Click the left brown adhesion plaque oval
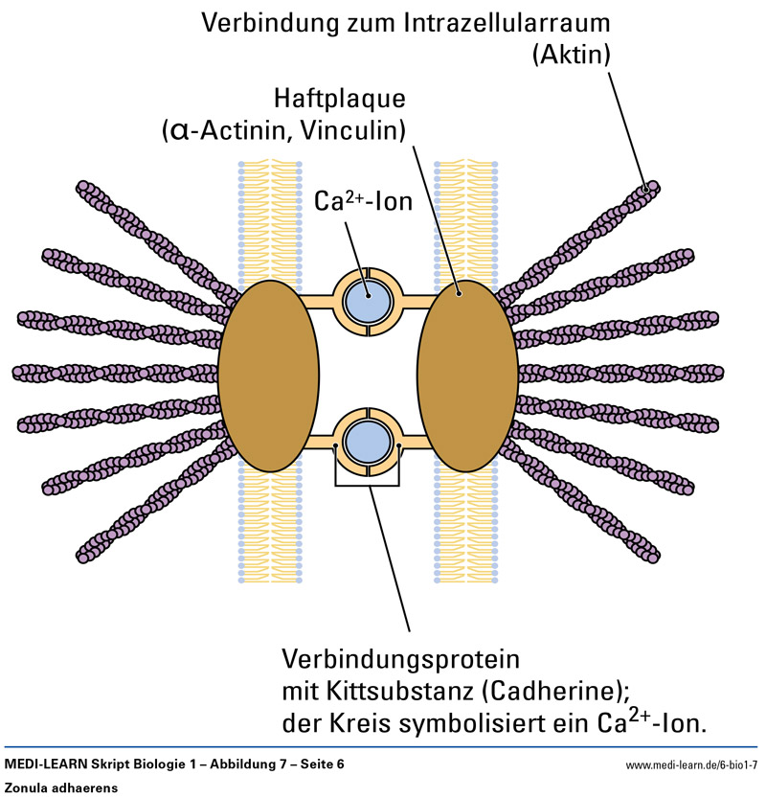click(x=268, y=376)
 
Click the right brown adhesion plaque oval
click(x=467, y=376)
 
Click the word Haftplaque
click(x=339, y=99)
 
